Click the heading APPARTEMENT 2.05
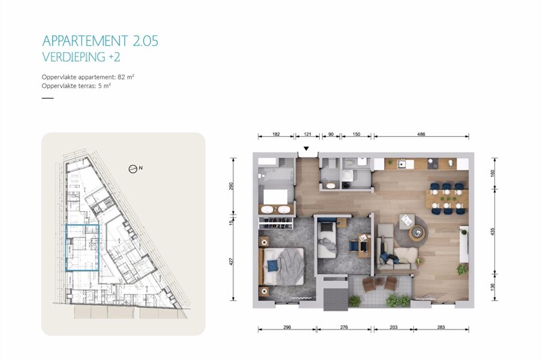pyautogui.click(x=100, y=41)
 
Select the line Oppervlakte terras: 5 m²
pyautogui.click(x=76, y=87)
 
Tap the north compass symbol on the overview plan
pyautogui.click(x=133, y=168)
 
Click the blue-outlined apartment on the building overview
pyautogui.click(x=82, y=248)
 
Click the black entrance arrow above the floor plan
pyautogui.click(x=306, y=149)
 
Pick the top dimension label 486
pyautogui.click(x=421, y=135)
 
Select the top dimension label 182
pyautogui.click(x=275, y=135)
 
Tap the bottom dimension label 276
pyautogui.click(x=343, y=328)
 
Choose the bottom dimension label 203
pyautogui.click(x=394, y=328)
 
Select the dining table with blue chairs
pyautogui.click(x=446, y=198)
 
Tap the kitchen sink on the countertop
pyautogui.click(x=402, y=164)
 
